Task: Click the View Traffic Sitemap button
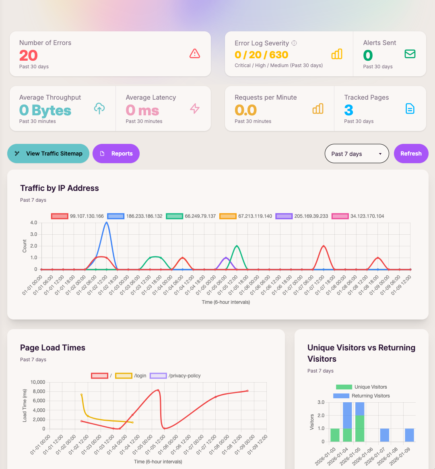pos(48,154)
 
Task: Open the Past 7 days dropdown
pos(357,154)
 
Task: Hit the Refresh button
pos(411,154)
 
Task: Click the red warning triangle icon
pos(195,53)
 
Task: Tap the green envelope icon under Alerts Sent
pos(410,54)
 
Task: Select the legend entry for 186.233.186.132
pos(136,216)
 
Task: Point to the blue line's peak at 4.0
pos(106,222)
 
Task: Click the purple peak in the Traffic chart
pos(226,258)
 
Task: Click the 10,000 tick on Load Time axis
pos(35,382)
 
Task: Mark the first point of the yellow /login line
pos(81,395)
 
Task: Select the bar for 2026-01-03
pos(335,435)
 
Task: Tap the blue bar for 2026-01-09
pos(409,435)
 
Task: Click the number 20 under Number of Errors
pos(29,55)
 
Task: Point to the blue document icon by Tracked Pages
pos(410,109)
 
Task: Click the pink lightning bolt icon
pos(195,109)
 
